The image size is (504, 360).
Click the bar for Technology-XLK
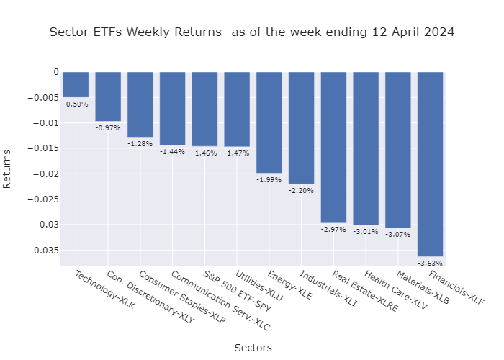[76, 84]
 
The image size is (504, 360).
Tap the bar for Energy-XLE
[269, 122]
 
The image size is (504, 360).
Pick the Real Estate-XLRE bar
[333, 147]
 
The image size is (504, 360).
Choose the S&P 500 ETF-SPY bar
[204, 109]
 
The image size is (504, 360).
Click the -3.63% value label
[430, 263]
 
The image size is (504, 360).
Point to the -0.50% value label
[76, 104]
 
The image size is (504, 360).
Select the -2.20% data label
[301, 190]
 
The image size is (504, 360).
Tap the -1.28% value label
[140, 143]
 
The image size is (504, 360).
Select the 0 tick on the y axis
[55, 72]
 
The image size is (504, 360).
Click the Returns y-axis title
[8, 168]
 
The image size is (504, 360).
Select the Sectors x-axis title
[253, 348]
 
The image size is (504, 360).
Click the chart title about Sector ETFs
[252, 32]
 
